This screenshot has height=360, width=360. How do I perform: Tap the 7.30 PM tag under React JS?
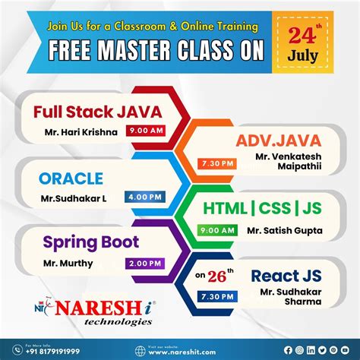(x=214, y=297)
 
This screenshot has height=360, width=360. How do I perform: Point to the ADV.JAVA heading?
(x=279, y=141)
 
